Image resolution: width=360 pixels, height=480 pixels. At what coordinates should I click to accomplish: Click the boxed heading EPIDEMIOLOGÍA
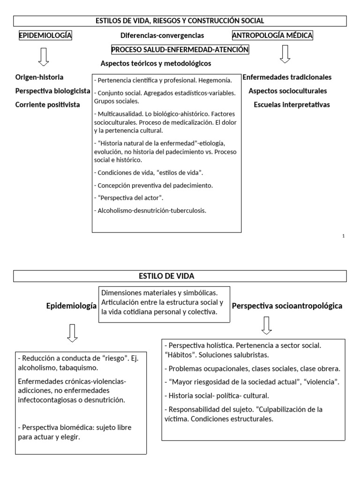point(45,36)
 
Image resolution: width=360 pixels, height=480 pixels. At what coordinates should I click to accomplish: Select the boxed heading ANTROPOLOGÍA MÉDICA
point(272,36)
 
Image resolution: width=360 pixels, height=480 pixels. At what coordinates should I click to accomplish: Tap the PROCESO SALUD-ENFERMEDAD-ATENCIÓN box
point(180,50)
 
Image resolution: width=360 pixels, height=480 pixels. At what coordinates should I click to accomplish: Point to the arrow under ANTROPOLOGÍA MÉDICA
point(285,54)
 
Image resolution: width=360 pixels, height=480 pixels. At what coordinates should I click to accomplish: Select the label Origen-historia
point(39,77)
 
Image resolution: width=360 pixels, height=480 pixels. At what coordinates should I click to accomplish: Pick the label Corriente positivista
point(47,105)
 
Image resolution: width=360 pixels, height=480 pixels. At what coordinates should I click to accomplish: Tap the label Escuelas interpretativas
point(292,105)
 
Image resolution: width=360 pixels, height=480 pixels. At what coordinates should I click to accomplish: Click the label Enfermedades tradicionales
point(287,77)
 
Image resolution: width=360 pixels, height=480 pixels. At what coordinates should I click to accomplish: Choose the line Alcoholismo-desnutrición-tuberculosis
point(150,210)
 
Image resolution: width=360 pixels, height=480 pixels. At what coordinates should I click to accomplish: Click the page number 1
point(344,236)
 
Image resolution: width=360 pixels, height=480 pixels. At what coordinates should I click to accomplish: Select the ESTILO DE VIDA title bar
point(180,276)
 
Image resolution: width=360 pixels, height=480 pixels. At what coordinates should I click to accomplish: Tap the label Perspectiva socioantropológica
point(287,306)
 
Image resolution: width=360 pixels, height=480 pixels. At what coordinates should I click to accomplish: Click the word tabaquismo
point(81,368)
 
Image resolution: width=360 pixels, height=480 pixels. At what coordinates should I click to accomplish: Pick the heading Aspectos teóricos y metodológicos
point(156,63)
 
